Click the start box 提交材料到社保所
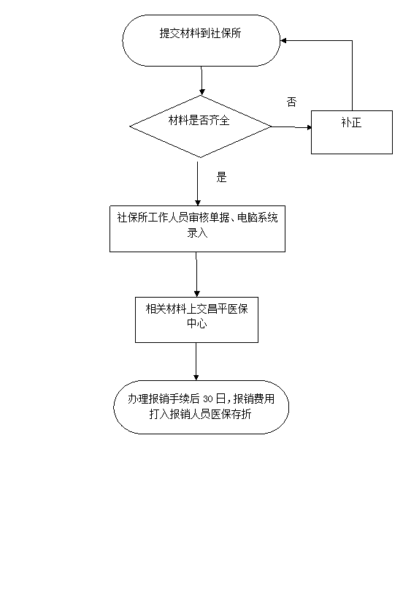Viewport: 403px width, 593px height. click(201, 40)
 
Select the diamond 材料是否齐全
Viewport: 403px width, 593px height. click(201, 126)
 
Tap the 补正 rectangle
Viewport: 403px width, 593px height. click(352, 132)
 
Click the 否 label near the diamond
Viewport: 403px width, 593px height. click(292, 102)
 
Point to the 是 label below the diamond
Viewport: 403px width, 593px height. click(222, 177)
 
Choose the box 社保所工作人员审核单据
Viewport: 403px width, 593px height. click(197, 229)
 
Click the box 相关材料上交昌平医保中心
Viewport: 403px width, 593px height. click(197, 320)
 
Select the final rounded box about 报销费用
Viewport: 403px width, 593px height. click(201, 407)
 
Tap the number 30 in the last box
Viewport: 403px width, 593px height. click(208, 399)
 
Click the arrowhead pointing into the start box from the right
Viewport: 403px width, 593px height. click(283, 40)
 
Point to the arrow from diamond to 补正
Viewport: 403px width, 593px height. click(291, 127)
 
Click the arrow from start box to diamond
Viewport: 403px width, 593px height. click(201, 80)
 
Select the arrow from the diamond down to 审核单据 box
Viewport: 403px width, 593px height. click(197, 184)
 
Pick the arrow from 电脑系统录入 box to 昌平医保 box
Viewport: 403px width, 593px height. click(196, 274)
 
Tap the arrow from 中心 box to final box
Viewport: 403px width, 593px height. click(196, 361)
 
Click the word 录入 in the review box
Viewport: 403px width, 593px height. click(197, 233)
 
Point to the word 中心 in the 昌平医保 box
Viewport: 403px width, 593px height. click(197, 324)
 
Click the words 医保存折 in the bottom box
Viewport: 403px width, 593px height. click(231, 414)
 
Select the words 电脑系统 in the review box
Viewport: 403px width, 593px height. click(258, 218)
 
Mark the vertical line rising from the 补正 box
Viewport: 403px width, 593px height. click(352, 75)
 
